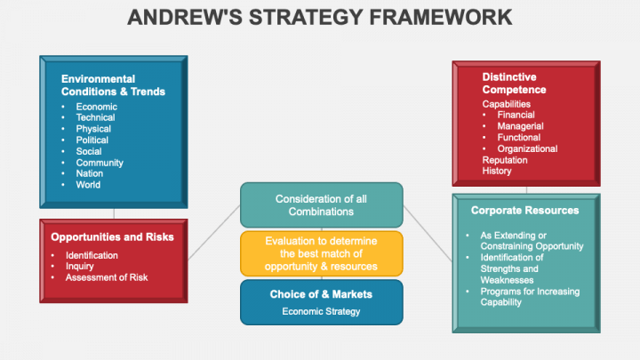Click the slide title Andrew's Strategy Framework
(320, 17)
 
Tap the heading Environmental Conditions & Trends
(113, 85)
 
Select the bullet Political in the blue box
(92, 140)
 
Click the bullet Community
(100, 163)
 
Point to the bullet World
(88, 185)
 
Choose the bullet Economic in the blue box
(96, 107)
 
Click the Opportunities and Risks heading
(112, 237)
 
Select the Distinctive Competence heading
(514, 84)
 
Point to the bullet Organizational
(527, 148)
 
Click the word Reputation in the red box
(504, 160)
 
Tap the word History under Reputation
(497, 171)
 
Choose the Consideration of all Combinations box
(320, 204)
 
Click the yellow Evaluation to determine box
(321, 253)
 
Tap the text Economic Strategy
(321, 311)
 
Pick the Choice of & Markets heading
(321, 294)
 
